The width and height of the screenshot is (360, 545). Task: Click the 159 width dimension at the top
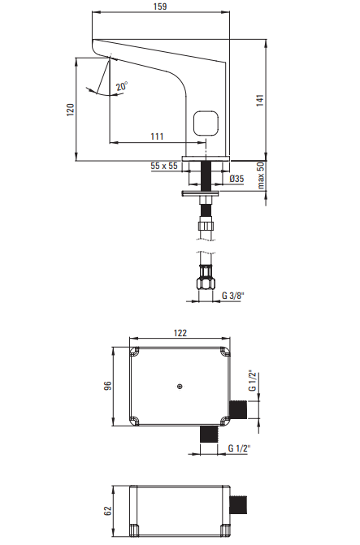(x=160, y=6)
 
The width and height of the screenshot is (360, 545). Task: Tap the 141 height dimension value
(x=260, y=100)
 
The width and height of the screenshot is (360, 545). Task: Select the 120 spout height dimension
(x=71, y=110)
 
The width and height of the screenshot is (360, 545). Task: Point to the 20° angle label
(x=122, y=86)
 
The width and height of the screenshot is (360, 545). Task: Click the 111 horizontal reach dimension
(x=157, y=136)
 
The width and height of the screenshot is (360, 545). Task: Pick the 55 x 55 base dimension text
(x=164, y=166)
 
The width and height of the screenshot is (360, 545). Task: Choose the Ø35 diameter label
(x=236, y=179)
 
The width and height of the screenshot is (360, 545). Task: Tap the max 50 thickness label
(x=261, y=176)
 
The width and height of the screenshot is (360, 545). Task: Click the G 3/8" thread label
(x=233, y=296)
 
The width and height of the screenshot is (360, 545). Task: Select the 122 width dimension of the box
(x=180, y=333)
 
